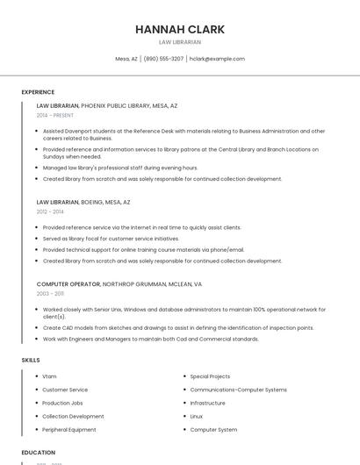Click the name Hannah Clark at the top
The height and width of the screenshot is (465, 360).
click(x=180, y=29)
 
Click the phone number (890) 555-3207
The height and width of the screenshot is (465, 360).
click(x=163, y=59)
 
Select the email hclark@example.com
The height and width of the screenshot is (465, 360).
click(x=218, y=59)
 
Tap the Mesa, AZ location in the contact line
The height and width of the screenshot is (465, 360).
click(x=126, y=59)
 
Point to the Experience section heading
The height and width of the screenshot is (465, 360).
click(x=38, y=92)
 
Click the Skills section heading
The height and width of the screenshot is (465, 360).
click(x=31, y=360)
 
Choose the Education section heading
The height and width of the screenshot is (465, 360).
click(x=39, y=453)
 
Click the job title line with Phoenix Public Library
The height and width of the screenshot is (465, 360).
click(x=107, y=105)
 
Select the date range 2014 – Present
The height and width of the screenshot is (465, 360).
click(x=55, y=115)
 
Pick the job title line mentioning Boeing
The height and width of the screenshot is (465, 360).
click(x=83, y=202)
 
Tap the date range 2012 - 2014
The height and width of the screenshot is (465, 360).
click(x=50, y=211)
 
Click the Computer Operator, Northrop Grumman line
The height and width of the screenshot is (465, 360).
click(x=119, y=284)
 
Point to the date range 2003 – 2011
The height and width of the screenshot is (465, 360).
click(x=50, y=294)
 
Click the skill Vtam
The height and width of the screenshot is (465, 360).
click(x=49, y=376)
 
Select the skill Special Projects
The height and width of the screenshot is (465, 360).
click(x=210, y=376)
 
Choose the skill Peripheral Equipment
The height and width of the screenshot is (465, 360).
click(x=69, y=430)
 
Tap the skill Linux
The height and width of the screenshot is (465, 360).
click(x=197, y=416)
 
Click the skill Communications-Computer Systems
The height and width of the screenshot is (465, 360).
click(x=238, y=390)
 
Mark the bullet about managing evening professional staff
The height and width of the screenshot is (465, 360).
click(x=120, y=168)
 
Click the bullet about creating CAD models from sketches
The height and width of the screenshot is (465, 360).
click(x=178, y=328)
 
